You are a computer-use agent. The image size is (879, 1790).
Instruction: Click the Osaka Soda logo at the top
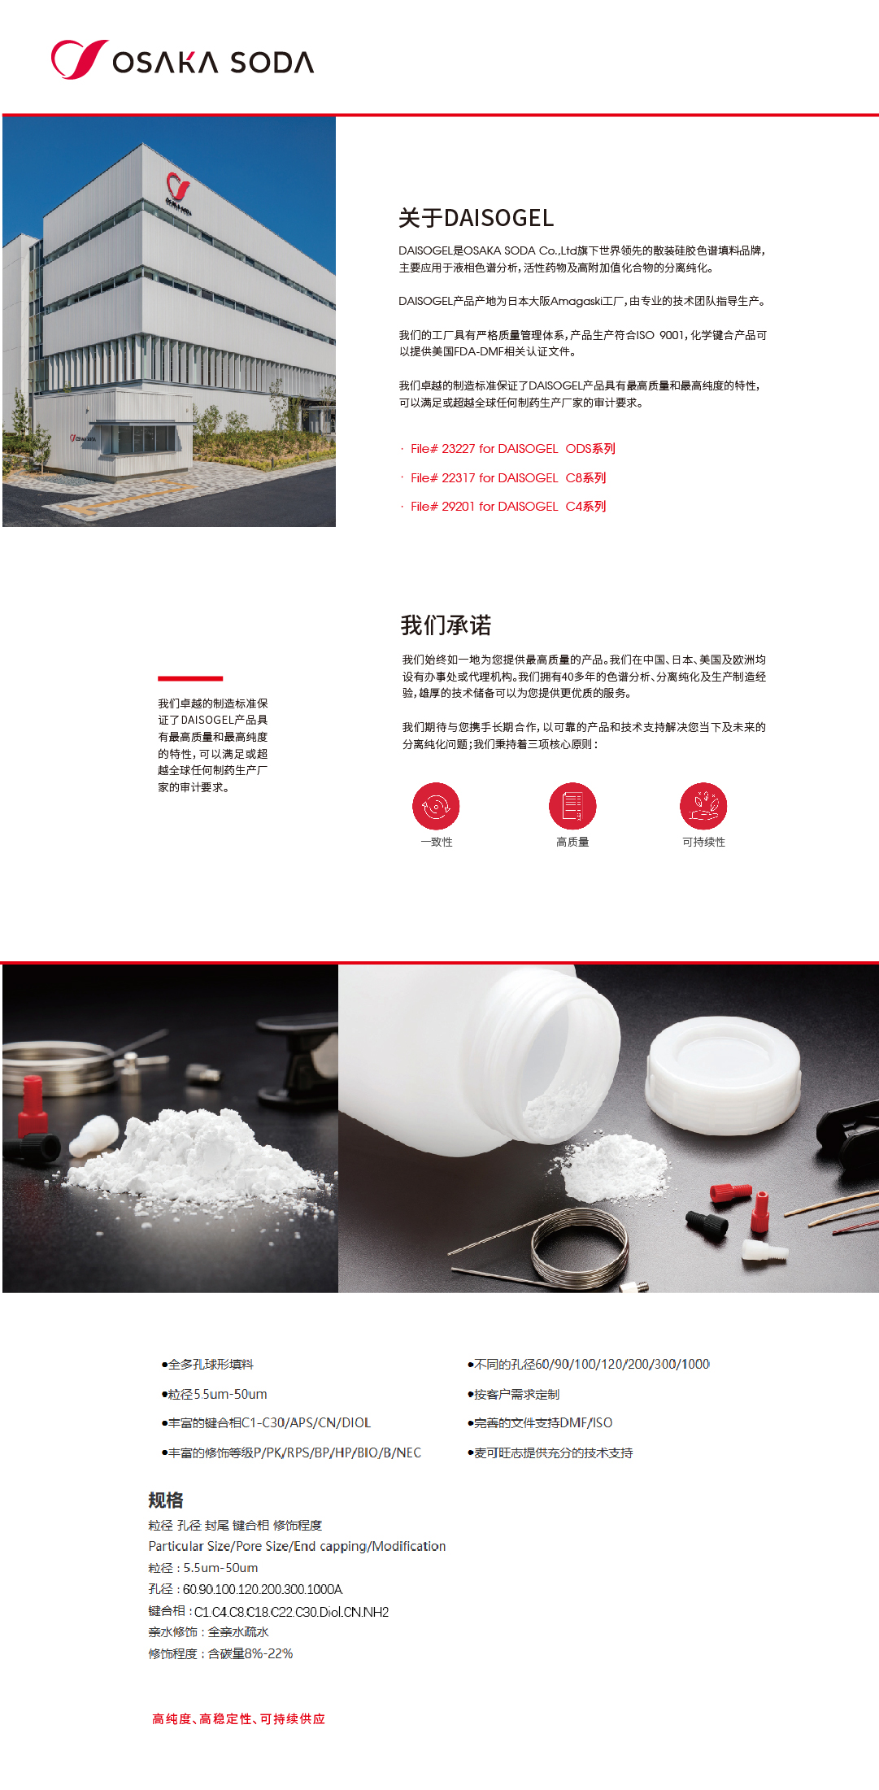click(x=182, y=60)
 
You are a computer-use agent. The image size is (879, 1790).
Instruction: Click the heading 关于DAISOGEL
click(x=476, y=218)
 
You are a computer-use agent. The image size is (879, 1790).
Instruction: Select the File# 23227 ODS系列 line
click(x=512, y=449)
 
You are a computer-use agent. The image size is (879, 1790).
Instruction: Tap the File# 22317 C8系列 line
click(x=507, y=478)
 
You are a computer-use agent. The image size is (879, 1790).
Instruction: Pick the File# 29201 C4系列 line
click(x=507, y=507)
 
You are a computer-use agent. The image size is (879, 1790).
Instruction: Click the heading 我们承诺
click(x=446, y=625)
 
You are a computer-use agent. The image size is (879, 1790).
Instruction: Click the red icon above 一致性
click(x=436, y=806)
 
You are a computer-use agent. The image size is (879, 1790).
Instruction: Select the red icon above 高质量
click(x=572, y=806)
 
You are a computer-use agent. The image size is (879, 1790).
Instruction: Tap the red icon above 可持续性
click(x=703, y=806)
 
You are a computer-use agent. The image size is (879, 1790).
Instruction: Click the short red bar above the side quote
click(x=190, y=678)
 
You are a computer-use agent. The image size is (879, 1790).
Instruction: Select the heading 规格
click(x=166, y=1500)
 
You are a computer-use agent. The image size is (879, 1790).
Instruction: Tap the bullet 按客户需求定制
click(x=516, y=1395)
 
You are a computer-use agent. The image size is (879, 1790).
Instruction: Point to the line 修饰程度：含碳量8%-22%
click(x=220, y=1654)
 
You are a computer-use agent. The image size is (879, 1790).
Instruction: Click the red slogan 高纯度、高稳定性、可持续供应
click(x=238, y=1718)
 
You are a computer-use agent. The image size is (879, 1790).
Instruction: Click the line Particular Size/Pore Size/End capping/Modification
click(x=297, y=1546)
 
